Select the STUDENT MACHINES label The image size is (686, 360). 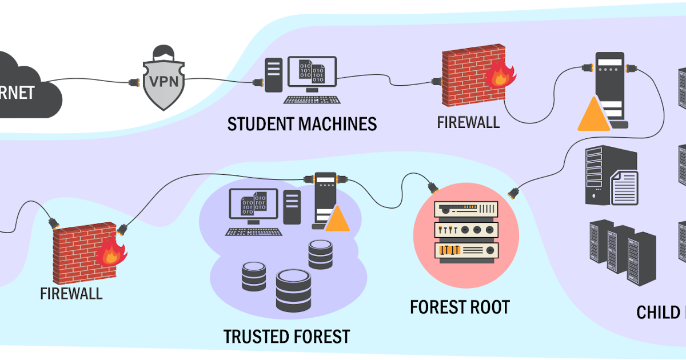(302, 123)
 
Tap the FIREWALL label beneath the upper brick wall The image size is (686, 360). (468, 122)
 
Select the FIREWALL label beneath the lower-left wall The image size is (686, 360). (71, 294)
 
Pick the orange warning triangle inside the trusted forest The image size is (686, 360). (337, 219)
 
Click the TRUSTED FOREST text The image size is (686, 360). (286, 336)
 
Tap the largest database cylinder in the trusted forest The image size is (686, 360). (293, 290)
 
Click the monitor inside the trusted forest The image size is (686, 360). (253, 204)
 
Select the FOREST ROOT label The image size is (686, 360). (459, 307)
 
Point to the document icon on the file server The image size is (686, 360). (624, 187)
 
